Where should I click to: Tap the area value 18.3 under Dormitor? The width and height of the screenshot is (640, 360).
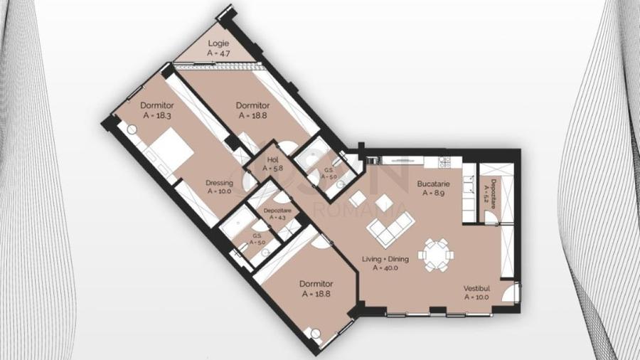(x=157, y=114)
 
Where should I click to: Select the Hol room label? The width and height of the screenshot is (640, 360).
(x=272, y=160)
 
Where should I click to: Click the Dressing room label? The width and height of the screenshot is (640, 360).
(x=220, y=182)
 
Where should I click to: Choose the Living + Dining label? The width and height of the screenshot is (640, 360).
(x=386, y=259)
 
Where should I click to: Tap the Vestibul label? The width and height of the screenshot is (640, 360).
(x=476, y=288)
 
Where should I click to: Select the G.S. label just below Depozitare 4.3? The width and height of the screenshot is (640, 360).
(x=257, y=236)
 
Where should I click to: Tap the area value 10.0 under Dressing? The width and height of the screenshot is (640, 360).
(x=220, y=191)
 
